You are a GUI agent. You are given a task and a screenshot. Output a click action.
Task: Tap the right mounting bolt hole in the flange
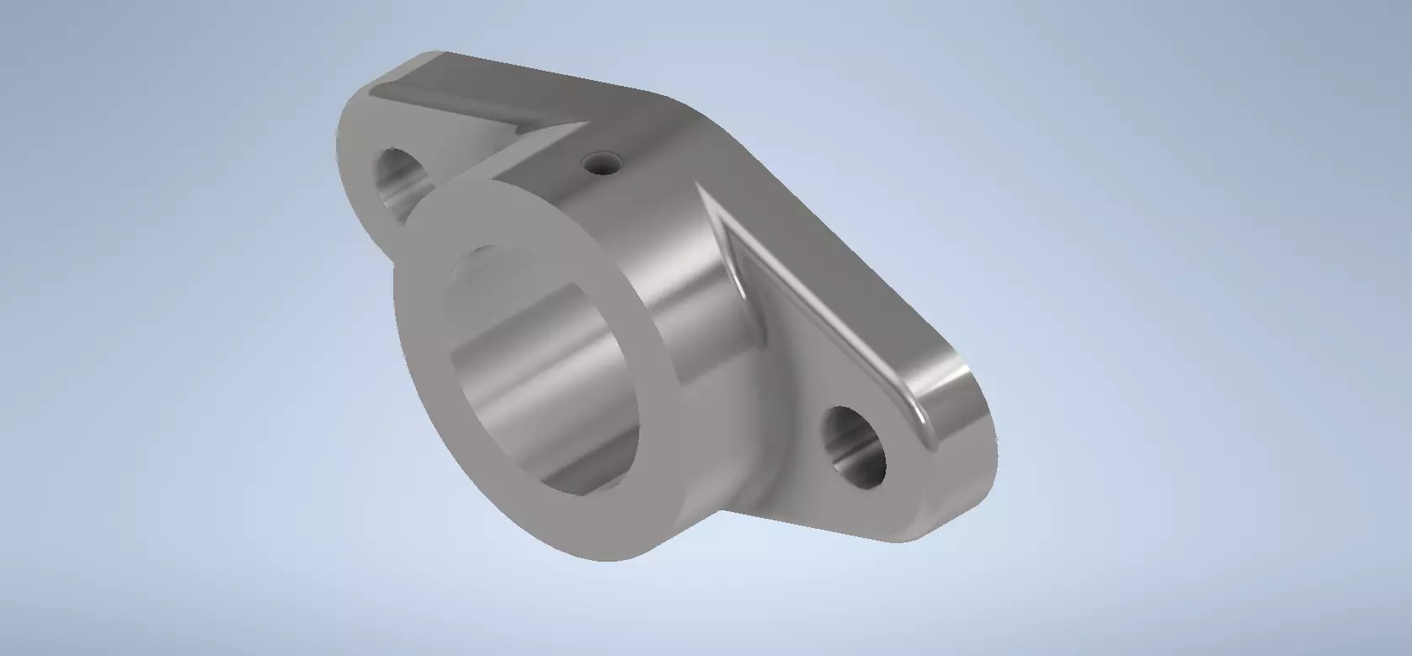(x=854, y=446)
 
